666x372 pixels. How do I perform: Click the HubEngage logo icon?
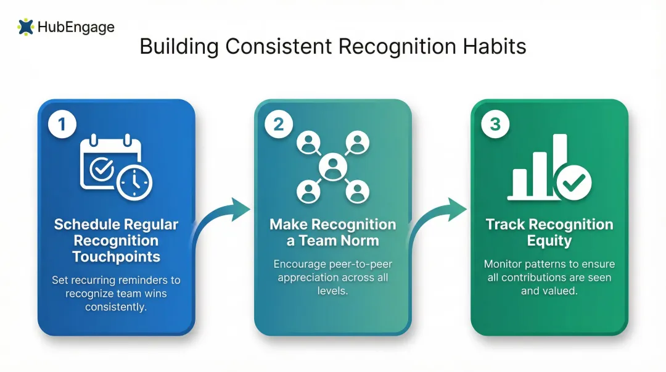pos(26,27)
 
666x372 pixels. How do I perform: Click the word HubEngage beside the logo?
pos(76,27)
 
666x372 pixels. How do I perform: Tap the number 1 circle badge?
pos(62,125)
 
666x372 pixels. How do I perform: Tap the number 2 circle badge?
pos(278,125)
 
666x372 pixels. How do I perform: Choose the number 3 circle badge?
pos(495,125)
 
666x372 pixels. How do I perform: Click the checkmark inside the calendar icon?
pos(101,167)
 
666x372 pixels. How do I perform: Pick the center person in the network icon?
pos(332,166)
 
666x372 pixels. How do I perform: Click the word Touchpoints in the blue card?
pos(116,257)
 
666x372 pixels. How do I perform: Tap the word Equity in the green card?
pos(549,241)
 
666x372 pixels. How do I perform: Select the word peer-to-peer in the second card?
pos(364,264)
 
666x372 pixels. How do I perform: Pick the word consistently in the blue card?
pos(116,307)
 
